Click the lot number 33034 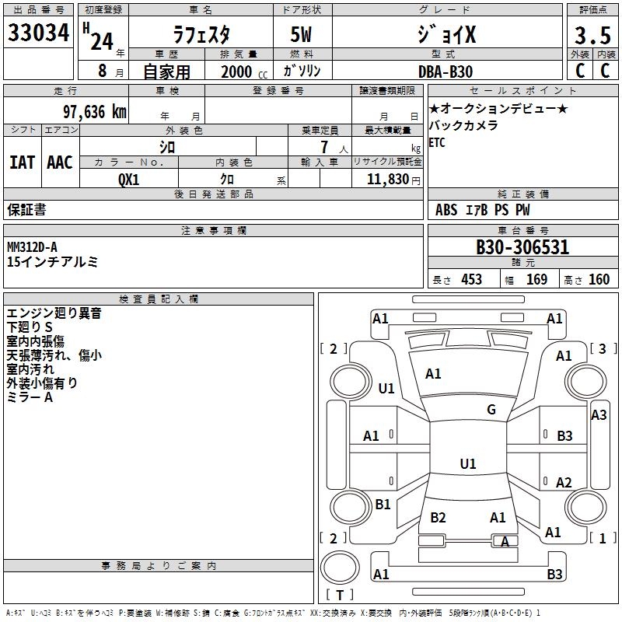pyautogui.click(x=39, y=33)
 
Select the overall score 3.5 pyautogui.click(x=592, y=35)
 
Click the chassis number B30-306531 pyautogui.click(x=522, y=248)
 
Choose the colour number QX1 pyautogui.click(x=129, y=178)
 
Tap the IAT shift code pyautogui.click(x=22, y=162)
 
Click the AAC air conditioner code pyautogui.click(x=59, y=162)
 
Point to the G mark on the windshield pyautogui.click(x=491, y=410)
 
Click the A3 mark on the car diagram pyautogui.click(x=599, y=415)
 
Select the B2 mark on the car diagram pyautogui.click(x=438, y=518)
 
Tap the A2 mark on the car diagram pyautogui.click(x=564, y=482)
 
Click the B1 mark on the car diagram pyautogui.click(x=383, y=505)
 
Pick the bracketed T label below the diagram pyautogui.click(x=339, y=596)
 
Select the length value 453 pyautogui.click(x=471, y=279)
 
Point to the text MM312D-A pyautogui.click(x=37, y=246)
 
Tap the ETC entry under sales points pyautogui.click(x=437, y=142)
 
